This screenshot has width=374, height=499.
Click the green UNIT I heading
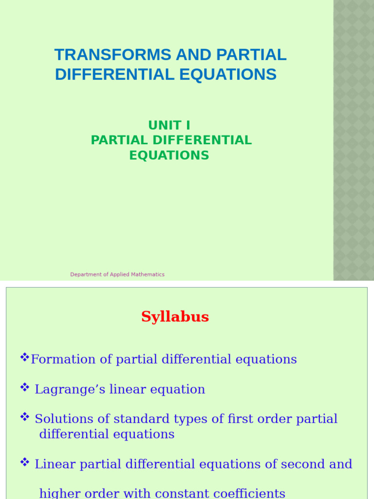(169, 125)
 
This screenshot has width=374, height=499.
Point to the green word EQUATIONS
(169, 155)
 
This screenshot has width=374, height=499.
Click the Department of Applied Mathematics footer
(117, 274)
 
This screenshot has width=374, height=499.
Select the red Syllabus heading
(175, 317)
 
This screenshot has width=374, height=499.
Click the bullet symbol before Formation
(25, 358)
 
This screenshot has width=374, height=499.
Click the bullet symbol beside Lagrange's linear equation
(25, 387)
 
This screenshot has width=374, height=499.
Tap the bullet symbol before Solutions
(25, 417)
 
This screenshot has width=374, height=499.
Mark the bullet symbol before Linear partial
(25, 462)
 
